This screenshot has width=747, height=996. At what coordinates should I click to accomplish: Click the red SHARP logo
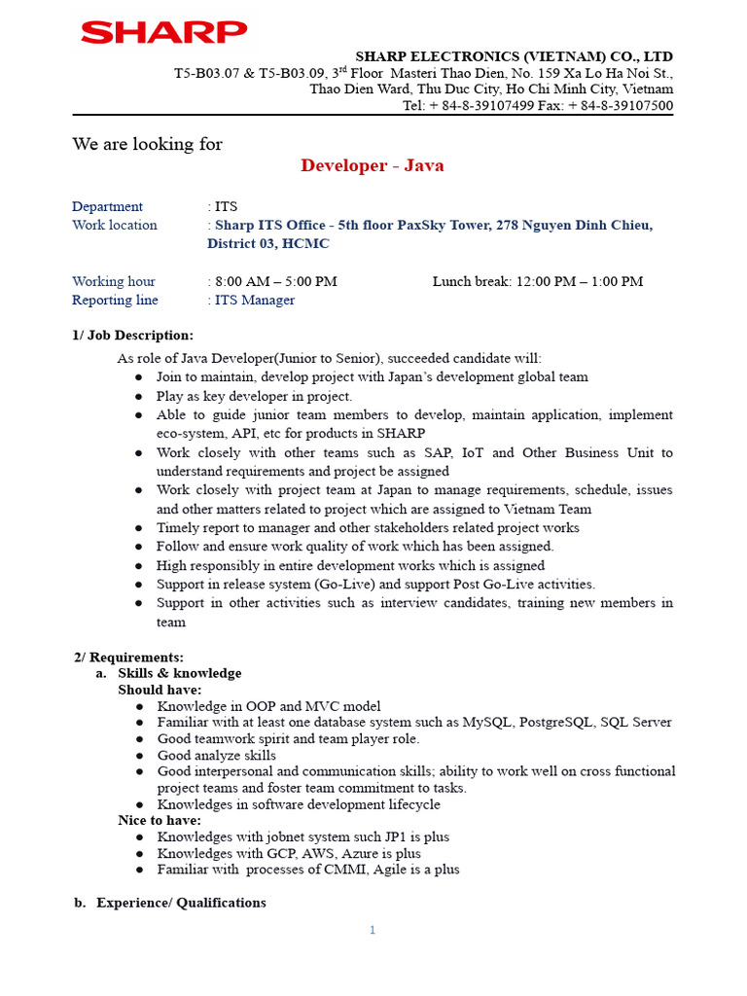pos(163,33)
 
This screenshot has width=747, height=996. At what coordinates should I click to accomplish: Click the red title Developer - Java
pos(373,165)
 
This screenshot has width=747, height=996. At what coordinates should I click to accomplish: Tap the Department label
pos(107,206)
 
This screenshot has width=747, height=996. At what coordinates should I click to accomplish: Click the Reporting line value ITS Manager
pos(255,300)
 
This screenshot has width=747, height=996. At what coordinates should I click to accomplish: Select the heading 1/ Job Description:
pos(132,336)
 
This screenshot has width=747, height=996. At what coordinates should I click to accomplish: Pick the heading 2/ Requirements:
pos(129,658)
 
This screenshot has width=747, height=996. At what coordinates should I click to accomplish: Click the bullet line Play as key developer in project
pos(255,396)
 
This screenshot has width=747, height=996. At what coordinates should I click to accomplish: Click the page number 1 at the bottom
pos(373,930)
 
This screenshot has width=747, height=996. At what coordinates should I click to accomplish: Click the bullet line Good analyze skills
pos(216,755)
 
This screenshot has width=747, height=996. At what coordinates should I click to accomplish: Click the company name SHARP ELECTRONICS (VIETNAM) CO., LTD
pos(514,56)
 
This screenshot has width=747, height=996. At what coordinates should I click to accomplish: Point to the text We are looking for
pos(147,144)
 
